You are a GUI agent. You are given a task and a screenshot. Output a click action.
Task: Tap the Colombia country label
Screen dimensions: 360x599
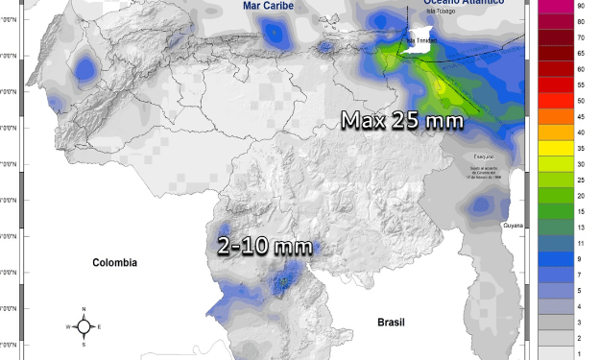click(x=114, y=262)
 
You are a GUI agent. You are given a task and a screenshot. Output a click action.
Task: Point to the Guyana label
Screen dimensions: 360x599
click(x=515, y=225)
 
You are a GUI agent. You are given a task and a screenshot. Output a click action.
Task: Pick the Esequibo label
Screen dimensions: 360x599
click(x=486, y=156)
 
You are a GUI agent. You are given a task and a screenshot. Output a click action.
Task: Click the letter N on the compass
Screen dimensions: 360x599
click(x=84, y=309)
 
